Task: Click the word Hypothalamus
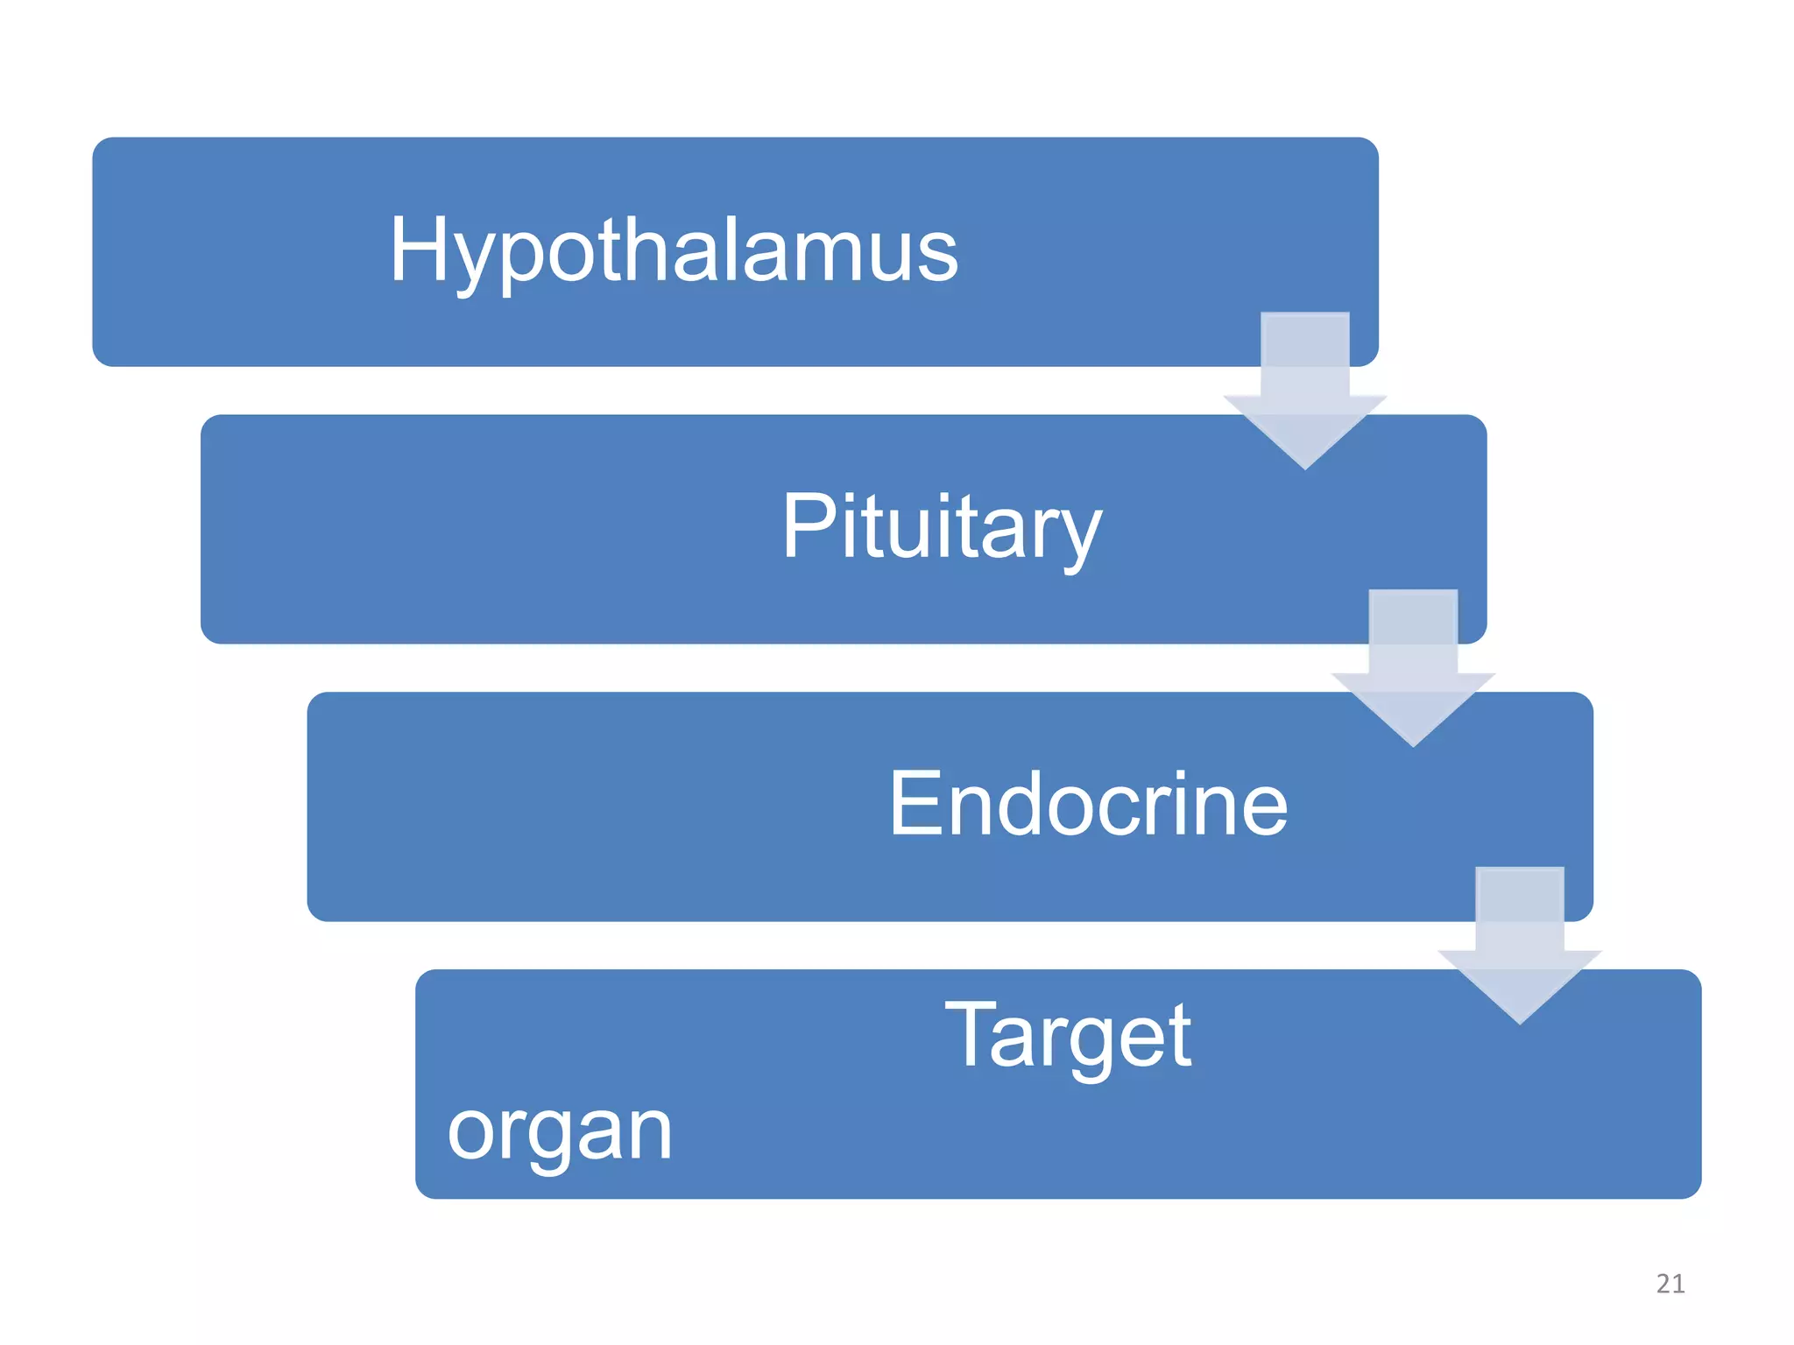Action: tap(674, 251)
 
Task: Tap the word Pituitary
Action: tap(941, 527)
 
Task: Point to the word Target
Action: tap(1068, 1039)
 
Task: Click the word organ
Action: tap(560, 1131)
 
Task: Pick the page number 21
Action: tap(1670, 1284)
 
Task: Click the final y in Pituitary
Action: tap(1077, 536)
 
